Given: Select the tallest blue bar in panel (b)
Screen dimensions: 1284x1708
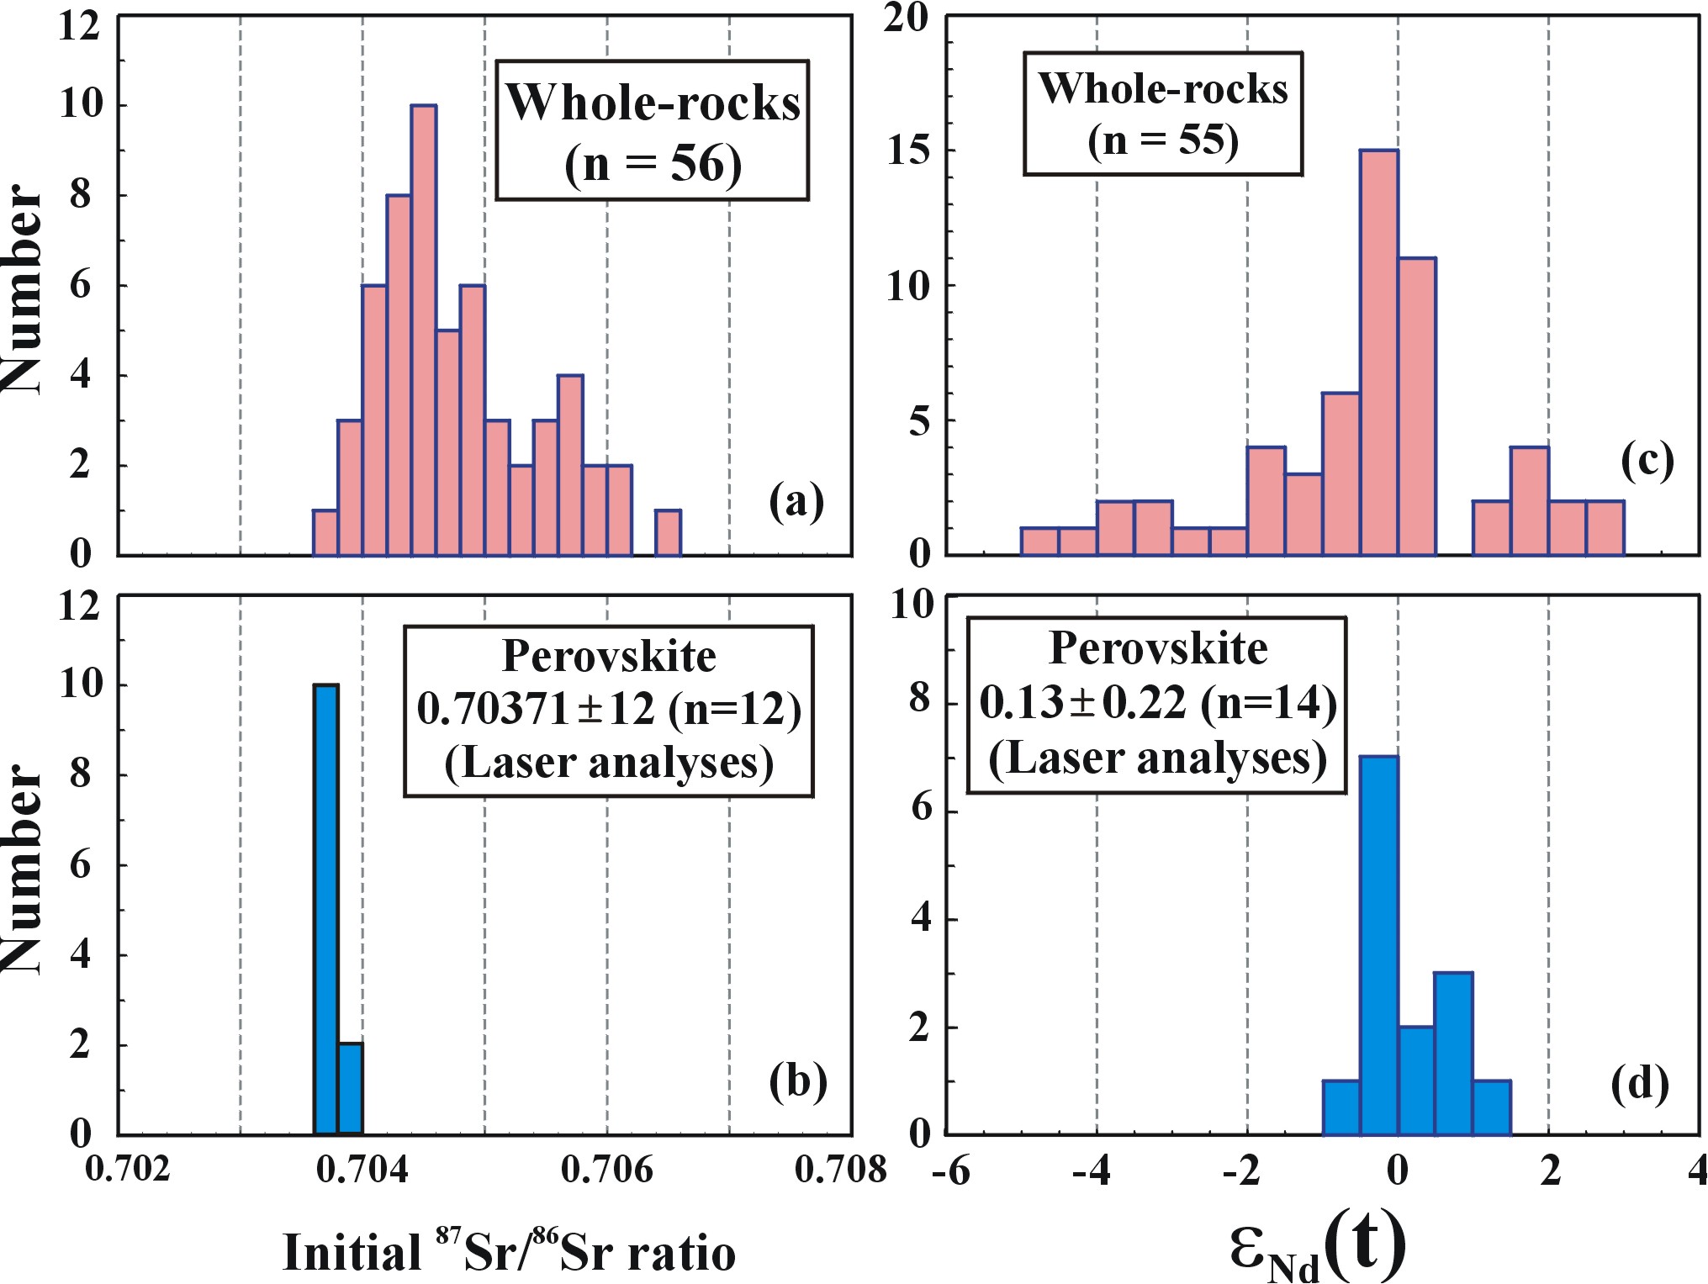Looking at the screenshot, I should (325, 909).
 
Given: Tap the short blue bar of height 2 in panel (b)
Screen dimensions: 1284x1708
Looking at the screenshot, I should (350, 1089).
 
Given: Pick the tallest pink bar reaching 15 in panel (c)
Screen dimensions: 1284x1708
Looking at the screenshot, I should (1379, 352).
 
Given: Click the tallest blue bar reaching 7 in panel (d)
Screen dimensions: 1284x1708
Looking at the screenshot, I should (1379, 945).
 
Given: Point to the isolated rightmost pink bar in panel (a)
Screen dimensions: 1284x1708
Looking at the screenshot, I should (668, 532).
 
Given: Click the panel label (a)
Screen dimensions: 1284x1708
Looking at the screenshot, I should (796, 502).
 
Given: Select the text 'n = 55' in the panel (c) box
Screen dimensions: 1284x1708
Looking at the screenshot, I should (1163, 140).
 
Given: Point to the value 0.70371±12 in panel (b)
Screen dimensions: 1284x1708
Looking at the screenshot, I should (535, 709).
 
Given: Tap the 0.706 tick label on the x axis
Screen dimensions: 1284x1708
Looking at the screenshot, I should (606, 1170).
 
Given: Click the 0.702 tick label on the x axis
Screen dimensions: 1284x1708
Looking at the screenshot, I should (128, 1170).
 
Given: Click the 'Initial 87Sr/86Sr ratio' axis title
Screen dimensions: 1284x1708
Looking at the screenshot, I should (509, 1252).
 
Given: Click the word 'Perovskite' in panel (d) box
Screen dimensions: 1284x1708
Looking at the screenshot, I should (1158, 648).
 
